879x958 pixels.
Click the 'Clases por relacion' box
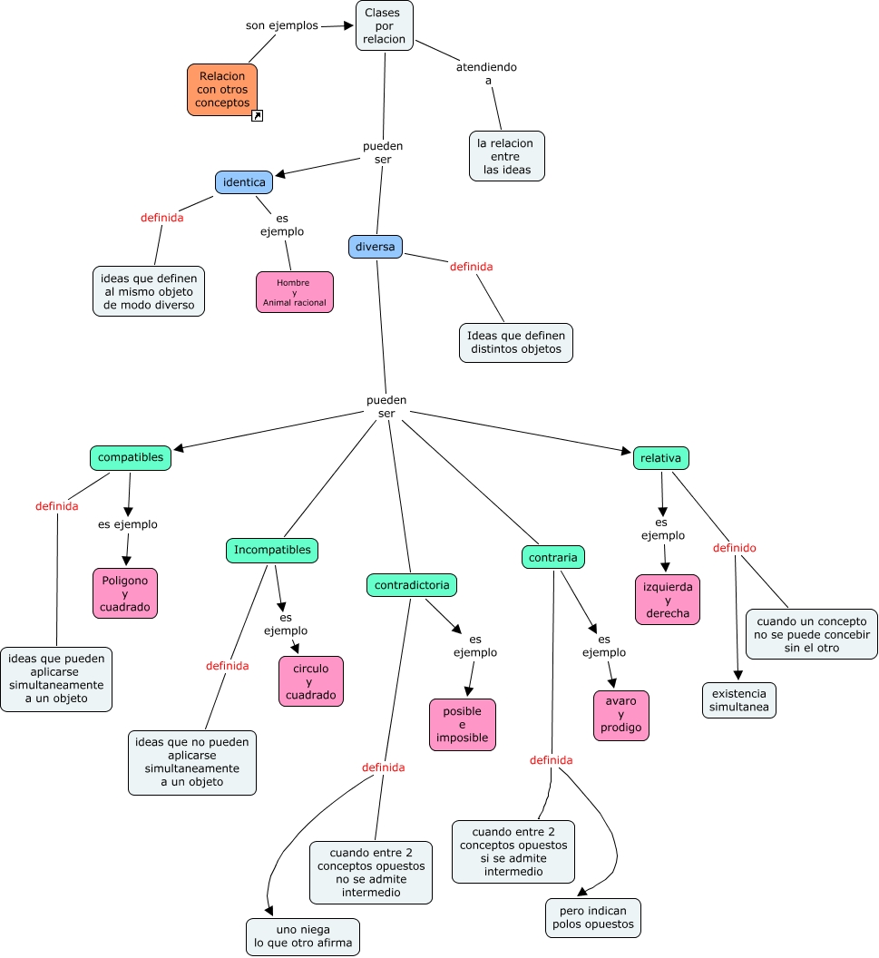[x=385, y=25]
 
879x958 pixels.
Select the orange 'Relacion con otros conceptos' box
[x=222, y=90]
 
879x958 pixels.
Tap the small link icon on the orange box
[x=257, y=116]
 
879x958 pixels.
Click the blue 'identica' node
[x=244, y=182]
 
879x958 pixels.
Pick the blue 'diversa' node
[x=375, y=247]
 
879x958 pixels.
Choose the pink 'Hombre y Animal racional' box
[x=294, y=292]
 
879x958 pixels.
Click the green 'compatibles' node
[x=131, y=458]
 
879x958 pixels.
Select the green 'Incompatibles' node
[x=272, y=551]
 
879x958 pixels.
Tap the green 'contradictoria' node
[x=411, y=585]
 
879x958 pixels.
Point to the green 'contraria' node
[x=552, y=557]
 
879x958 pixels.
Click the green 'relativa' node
[x=660, y=458]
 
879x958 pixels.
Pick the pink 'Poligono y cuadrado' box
[x=125, y=593]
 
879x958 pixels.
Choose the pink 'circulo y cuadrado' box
[x=311, y=681]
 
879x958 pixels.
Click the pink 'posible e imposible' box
[x=463, y=725]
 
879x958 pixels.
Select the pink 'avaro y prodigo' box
[x=620, y=716]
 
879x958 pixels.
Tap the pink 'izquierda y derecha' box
[x=668, y=600]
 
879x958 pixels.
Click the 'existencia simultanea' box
[x=738, y=699]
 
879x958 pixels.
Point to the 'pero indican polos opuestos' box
[x=592, y=918]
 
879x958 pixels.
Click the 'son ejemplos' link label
[x=282, y=25]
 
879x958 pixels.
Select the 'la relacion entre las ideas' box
[x=506, y=156]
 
